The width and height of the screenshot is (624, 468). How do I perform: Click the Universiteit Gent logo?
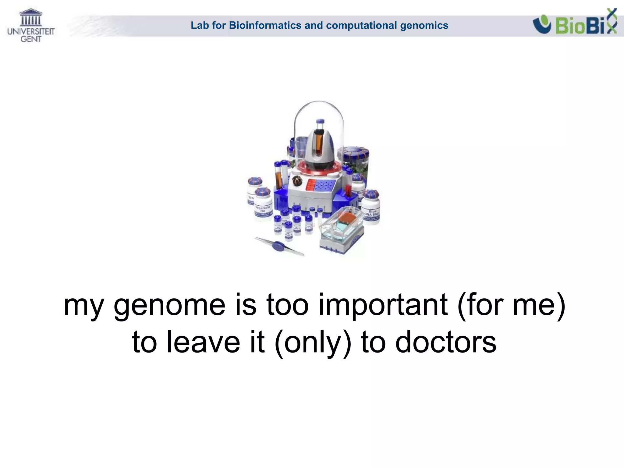coord(31,26)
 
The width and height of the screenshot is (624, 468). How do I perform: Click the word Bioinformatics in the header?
coord(265,25)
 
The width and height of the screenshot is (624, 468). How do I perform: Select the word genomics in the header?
coord(424,25)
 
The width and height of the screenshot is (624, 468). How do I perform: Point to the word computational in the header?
coord(361,25)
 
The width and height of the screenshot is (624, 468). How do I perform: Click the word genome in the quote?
coord(169,306)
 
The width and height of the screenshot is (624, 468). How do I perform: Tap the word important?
coord(383,306)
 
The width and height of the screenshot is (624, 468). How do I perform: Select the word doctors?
coord(446,343)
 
